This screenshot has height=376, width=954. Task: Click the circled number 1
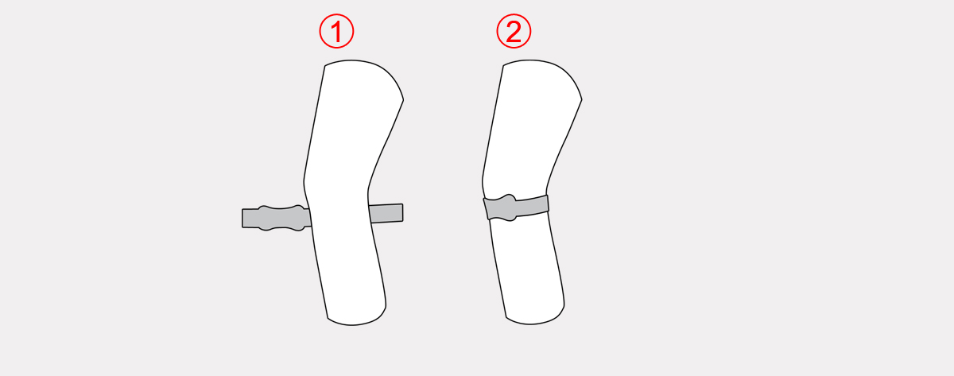point(336,31)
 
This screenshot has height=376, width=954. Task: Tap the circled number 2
point(514,31)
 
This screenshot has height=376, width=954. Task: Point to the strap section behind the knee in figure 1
point(386,213)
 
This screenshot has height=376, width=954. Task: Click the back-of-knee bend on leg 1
point(369,189)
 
